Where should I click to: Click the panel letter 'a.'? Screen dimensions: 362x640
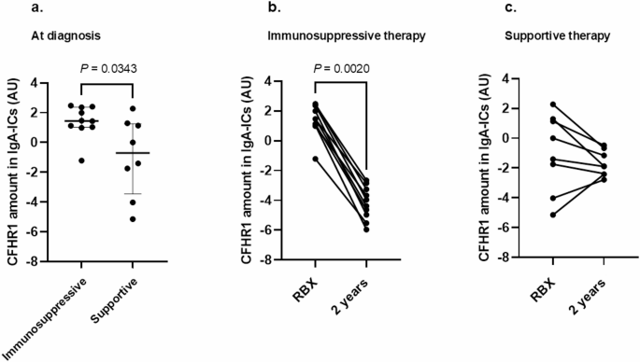[13, 8]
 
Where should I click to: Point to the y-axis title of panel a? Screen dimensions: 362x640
[12, 173]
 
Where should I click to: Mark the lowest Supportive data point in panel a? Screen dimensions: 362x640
[134, 219]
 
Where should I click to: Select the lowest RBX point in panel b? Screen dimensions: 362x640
[316, 159]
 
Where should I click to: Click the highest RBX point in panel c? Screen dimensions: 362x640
[553, 104]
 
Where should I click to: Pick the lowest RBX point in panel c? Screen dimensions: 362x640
[553, 215]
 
